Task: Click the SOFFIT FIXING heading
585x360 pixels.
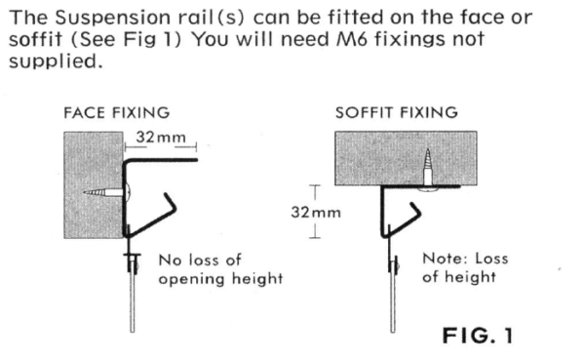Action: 396,112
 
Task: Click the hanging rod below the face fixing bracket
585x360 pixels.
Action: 130,302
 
